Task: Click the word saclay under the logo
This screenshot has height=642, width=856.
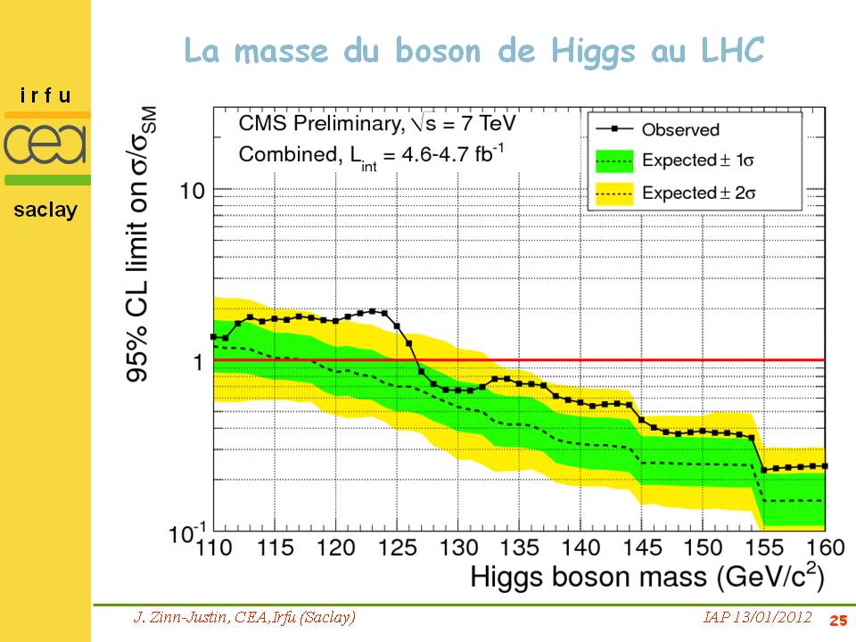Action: pos(45,210)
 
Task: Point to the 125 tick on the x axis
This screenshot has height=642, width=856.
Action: pos(397,547)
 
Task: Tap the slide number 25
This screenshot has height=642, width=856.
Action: pos(837,621)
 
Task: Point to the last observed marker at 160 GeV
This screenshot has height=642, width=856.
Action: pos(825,465)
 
